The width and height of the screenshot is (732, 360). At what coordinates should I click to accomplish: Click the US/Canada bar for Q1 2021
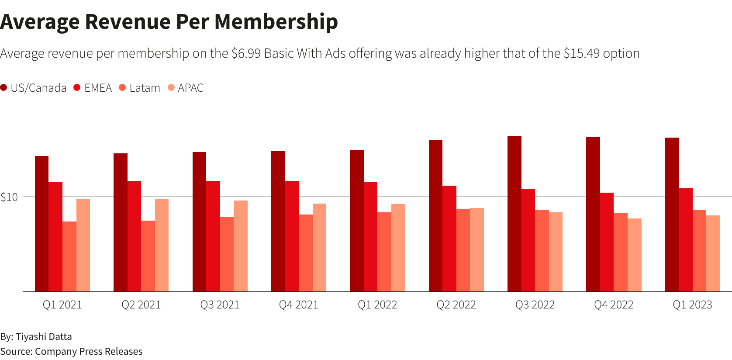coord(41,224)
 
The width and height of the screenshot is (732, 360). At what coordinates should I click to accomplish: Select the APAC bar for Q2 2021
coord(162,246)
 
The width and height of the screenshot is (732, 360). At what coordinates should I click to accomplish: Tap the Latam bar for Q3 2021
coord(227,254)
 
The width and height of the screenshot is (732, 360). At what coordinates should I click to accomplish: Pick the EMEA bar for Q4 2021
coord(292,236)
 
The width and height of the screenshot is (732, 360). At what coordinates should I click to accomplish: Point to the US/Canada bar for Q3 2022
coord(514,214)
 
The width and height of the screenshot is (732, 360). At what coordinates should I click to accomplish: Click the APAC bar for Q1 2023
coord(713,253)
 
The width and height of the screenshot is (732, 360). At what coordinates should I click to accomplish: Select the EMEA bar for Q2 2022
coord(449,239)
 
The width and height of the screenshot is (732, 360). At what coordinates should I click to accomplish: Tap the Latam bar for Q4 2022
coord(621,252)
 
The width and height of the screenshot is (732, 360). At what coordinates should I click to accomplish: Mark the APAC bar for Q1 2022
coord(398,248)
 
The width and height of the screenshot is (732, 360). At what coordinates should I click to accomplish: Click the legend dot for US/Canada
coord(4,88)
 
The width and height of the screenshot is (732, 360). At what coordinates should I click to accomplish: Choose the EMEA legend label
coord(98,88)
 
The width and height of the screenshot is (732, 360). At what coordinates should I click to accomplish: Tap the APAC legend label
coord(190,88)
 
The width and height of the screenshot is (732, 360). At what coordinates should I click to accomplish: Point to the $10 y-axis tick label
coord(9,197)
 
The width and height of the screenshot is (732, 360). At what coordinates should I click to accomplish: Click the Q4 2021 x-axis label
coord(299,305)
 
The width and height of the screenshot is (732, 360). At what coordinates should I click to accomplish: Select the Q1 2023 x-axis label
coord(692,305)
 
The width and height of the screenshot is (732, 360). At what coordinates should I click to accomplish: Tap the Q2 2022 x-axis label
coord(456,305)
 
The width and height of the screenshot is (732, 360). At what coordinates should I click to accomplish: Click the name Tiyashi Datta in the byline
coord(44,336)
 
